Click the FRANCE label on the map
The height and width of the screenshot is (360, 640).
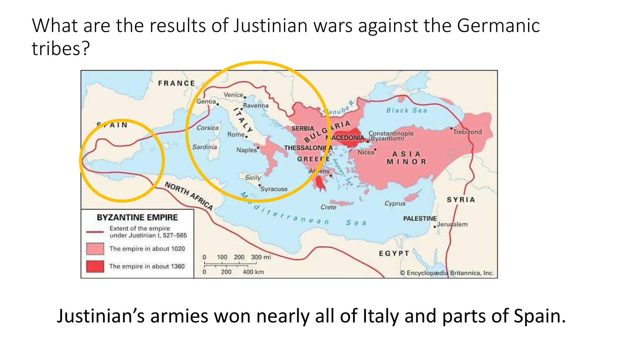click(177, 83)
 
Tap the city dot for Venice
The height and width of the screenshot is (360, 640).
click(245, 97)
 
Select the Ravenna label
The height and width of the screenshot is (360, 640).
click(256, 106)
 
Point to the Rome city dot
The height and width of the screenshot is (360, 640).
click(246, 137)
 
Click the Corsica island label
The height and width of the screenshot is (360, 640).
click(207, 128)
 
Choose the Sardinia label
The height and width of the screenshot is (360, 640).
click(204, 147)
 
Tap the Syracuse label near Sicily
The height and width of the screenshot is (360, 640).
click(274, 189)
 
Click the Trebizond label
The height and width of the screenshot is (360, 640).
click(467, 132)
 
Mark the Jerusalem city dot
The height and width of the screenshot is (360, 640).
click(435, 227)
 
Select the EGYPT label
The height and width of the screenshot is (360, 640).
click(394, 253)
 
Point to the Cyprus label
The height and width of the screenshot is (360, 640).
click(395, 203)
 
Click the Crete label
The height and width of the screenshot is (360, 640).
click(328, 207)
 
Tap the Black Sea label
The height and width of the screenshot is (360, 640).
click(406, 110)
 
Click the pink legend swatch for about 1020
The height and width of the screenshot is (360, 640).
click(95, 249)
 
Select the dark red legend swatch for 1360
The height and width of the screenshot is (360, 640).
click(95, 266)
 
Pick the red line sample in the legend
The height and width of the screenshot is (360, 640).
click(95, 232)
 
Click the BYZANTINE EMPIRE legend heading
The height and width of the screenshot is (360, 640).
click(137, 217)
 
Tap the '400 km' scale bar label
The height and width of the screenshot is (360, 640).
click(253, 272)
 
